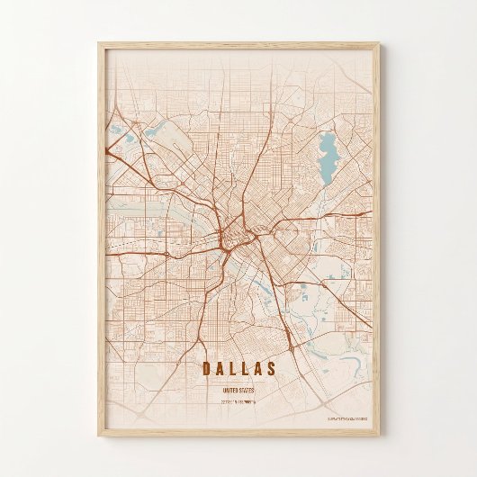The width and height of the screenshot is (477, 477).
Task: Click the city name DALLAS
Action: pos(238,369)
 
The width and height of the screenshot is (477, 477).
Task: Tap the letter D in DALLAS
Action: pos(206,369)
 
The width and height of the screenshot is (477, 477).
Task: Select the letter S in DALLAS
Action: pos(271,369)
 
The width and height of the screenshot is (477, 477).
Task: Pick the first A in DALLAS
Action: pos(220,369)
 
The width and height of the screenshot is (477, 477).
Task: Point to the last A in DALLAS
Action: pos(258,369)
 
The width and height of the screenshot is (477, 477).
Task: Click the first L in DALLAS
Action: pos(233,369)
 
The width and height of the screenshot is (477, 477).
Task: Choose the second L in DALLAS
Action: pos(246,369)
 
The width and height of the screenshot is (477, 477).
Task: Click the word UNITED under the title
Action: pos(230,391)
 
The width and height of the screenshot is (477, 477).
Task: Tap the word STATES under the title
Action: pos(247,391)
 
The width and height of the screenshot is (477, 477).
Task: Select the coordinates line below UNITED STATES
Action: pos(238,402)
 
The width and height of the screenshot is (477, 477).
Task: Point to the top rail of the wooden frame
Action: pos(238,44)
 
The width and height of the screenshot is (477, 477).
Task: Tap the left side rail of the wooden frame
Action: pos(100,238)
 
